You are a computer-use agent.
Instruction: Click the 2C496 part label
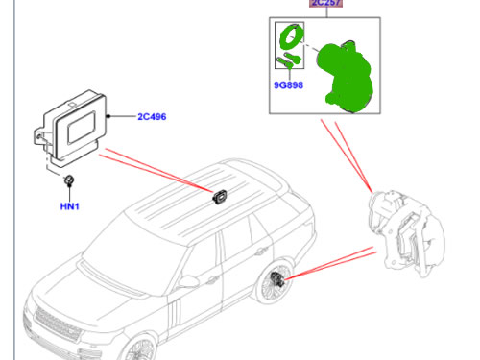151,117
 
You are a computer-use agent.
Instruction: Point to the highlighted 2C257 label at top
325,4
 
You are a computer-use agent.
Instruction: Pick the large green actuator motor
348,75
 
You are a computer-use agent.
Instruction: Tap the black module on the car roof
219,198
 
